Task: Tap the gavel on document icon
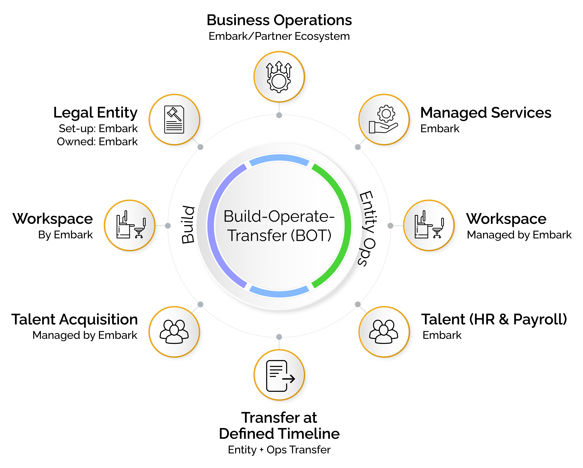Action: (174, 119)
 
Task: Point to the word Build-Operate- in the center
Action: (279, 216)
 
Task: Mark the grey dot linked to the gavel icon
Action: (200, 147)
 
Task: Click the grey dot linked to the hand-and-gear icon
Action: (358, 147)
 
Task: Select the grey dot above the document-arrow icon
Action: (279, 337)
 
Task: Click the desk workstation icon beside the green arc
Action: (429, 225)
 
